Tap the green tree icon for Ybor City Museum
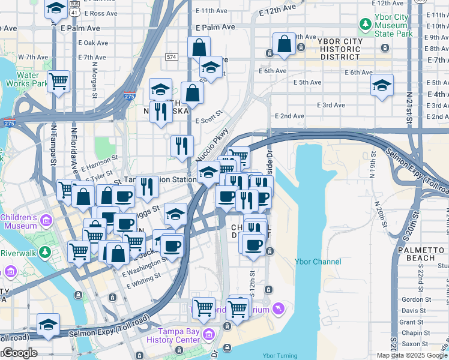tap(364, 25)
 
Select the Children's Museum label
tap(20, 221)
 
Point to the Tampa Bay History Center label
tap(179, 336)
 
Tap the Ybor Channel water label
tap(318, 262)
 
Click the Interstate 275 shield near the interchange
tap(131, 95)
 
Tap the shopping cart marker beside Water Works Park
tap(58, 81)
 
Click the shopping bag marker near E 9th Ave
tap(284, 43)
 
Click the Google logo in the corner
tap(19, 353)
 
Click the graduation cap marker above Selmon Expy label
tap(48, 325)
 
